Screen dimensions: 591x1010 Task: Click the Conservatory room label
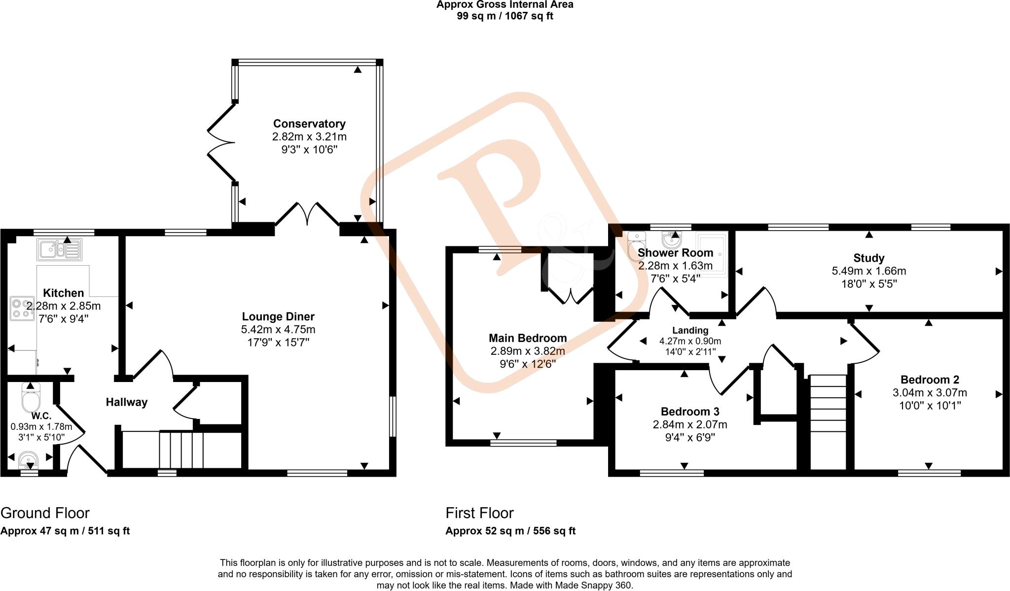pos(309,124)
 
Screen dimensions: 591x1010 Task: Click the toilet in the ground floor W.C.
pos(31,399)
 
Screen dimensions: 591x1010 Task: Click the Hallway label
pos(127,402)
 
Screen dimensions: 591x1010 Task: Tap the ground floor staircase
pos(181,450)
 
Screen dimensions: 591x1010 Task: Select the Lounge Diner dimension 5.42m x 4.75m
pos(278,329)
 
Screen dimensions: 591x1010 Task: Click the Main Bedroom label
pos(527,338)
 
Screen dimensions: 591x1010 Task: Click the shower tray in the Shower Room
pos(712,254)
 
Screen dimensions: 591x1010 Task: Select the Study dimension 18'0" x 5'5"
pos(868,284)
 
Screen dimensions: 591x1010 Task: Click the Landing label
pos(690,331)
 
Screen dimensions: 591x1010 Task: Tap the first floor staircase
pos(828,421)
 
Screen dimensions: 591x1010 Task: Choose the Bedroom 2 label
pos(929,380)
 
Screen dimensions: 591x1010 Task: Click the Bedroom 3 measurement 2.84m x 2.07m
pos(689,424)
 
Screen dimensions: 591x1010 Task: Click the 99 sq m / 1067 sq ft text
pos(505,16)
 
